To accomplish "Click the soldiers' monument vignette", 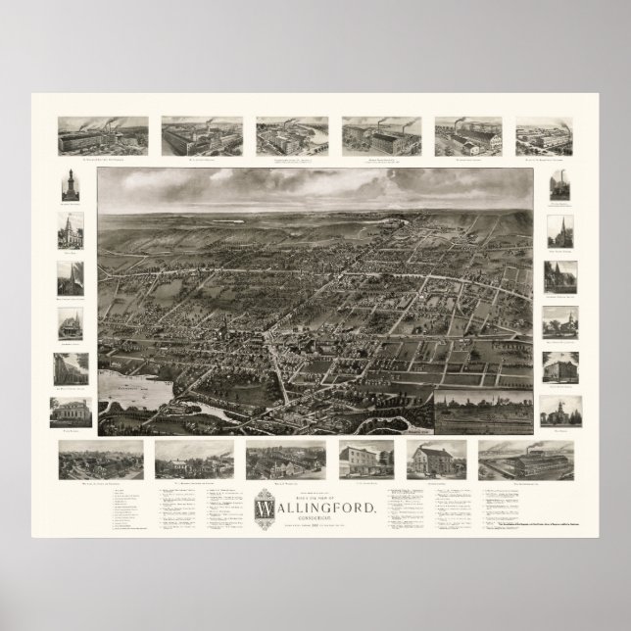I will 71,185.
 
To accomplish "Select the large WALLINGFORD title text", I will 315,509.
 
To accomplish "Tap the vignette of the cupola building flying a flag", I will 561,411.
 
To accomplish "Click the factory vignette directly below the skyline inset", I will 525,460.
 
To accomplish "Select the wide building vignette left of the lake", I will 71,413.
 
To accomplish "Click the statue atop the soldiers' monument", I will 71,173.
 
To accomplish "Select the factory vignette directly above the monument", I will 103,136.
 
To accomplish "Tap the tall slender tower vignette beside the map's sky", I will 561,185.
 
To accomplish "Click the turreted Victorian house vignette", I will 71,322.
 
